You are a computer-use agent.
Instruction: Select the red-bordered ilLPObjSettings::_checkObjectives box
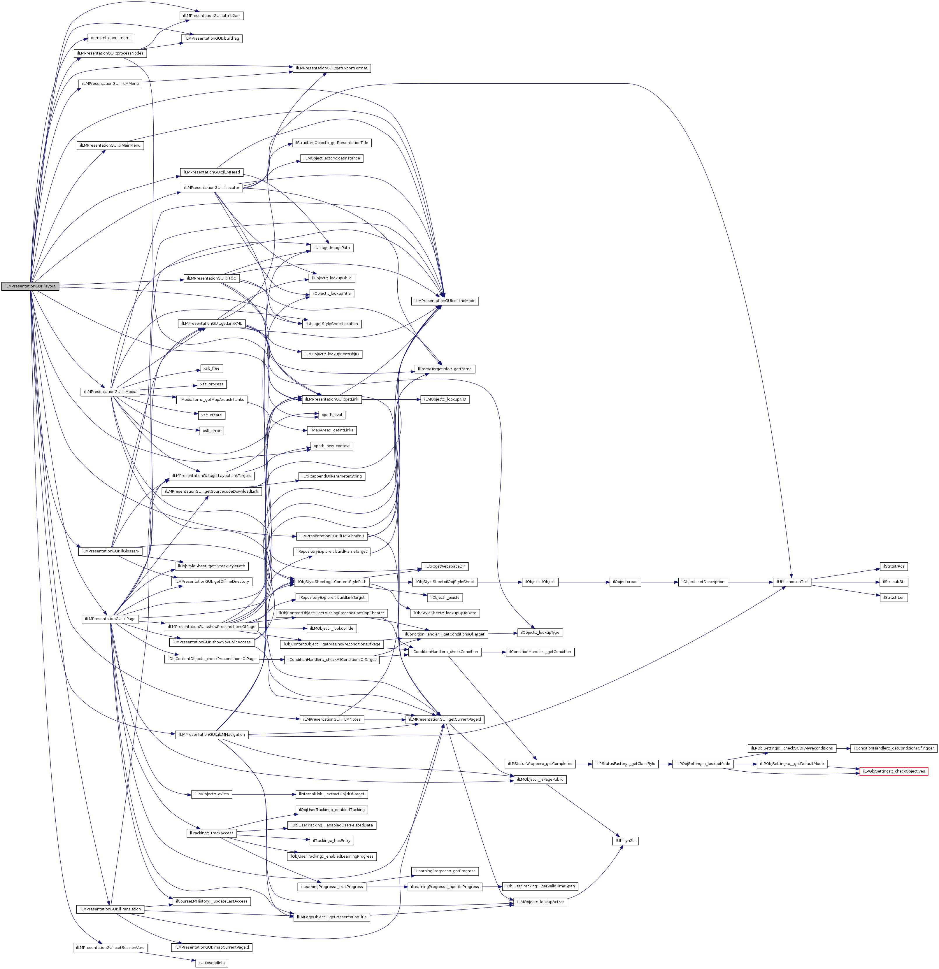pos(893,771)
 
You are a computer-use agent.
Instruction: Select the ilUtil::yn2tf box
pos(625,840)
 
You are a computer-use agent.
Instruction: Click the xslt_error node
pos(212,431)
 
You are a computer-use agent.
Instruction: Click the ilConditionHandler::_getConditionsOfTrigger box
pos(894,748)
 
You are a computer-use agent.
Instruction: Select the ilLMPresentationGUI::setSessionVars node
pos(110,947)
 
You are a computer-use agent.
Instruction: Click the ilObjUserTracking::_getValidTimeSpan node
pos(540,886)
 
